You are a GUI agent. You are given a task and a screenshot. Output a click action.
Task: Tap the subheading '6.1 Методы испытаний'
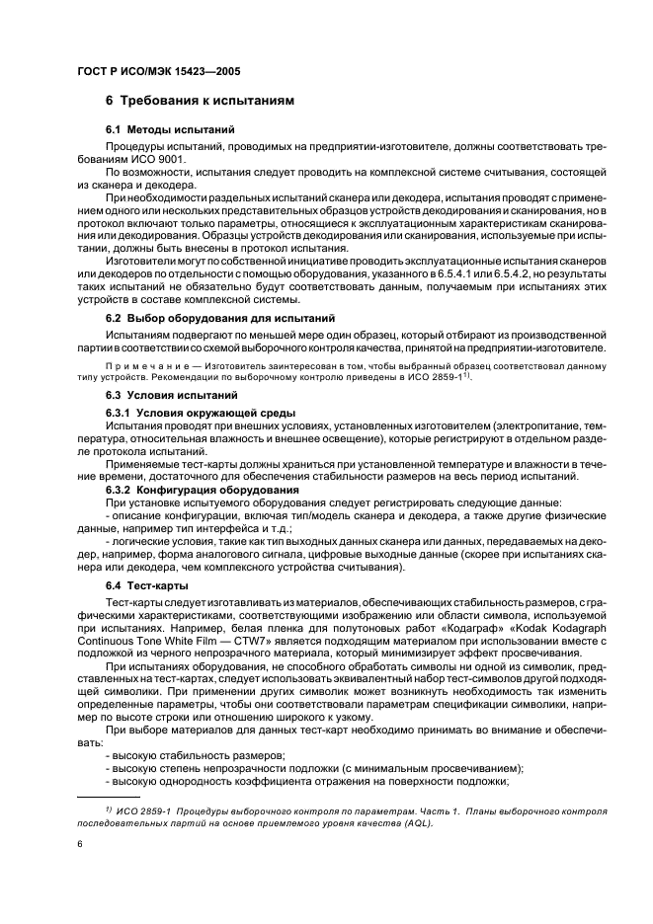click(169, 130)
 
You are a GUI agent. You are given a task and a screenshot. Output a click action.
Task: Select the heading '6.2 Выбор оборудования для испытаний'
click(219, 319)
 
